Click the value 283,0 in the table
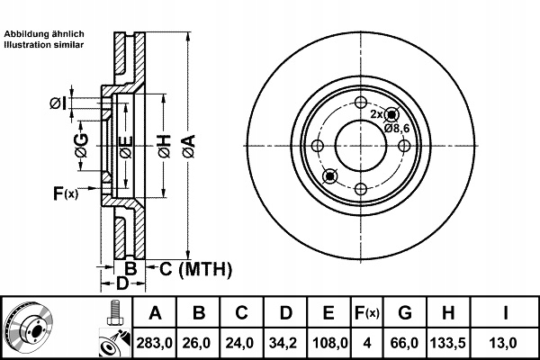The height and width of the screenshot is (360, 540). [155, 343]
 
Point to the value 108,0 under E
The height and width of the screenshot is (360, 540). [330, 343]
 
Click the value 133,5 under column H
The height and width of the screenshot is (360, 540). [448, 343]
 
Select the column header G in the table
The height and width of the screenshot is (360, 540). [405, 313]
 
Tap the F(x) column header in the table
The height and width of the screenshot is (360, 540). [367, 313]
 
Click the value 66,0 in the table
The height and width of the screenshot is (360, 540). [404, 343]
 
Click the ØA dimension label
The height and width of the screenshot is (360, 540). [189, 147]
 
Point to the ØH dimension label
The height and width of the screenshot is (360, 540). [165, 147]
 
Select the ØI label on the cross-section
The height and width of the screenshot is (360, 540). [58, 103]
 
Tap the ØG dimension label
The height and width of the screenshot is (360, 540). [82, 146]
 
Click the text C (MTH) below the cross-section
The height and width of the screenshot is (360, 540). [195, 269]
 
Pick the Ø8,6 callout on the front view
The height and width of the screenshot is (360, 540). [397, 129]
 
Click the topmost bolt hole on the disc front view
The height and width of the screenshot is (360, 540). [361, 103]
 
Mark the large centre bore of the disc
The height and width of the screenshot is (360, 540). [361, 146]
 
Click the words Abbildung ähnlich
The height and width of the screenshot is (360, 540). [44, 34]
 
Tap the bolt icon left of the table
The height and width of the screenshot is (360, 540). [114, 312]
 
